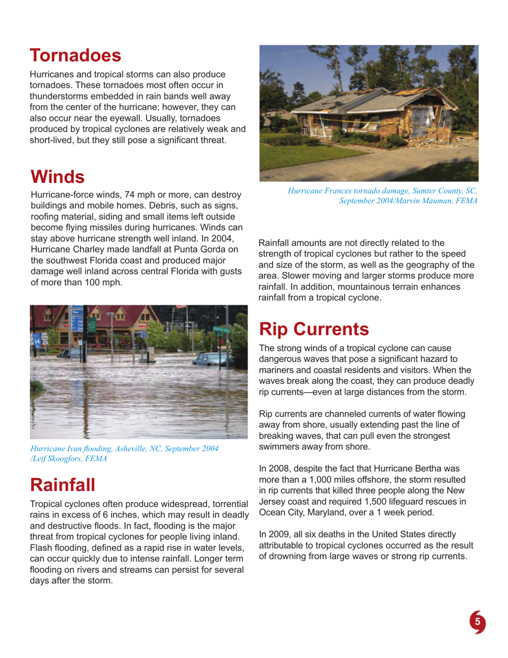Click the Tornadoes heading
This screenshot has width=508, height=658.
pyautogui.click(x=75, y=55)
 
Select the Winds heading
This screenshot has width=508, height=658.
pyautogui.click(x=58, y=175)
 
